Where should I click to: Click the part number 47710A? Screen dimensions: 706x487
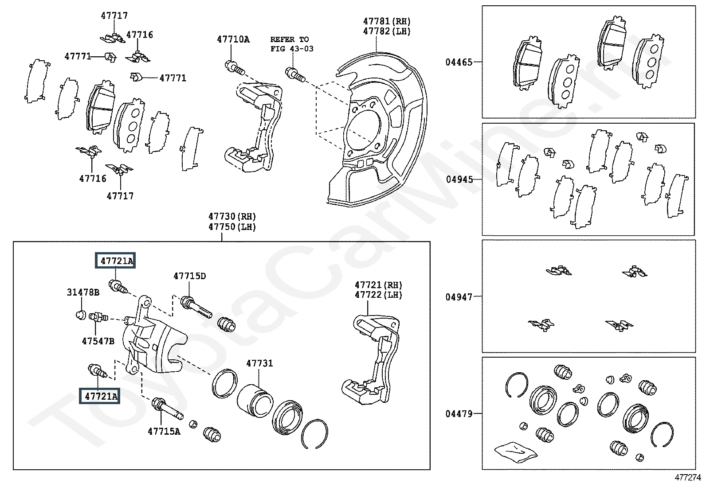pyautogui.click(x=233, y=39)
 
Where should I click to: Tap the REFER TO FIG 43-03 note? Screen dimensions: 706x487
pyautogui.click(x=292, y=44)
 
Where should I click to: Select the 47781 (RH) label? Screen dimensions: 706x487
pyautogui.click(x=387, y=21)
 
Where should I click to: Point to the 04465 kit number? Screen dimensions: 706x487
pyautogui.click(x=459, y=62)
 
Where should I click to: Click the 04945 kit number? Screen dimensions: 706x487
pyautogui.click(x=459, y=179)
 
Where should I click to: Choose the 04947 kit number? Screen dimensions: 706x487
pyautogui.click(x=459, y=297)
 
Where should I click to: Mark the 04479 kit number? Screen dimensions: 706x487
pyautogui.click(x=459, y=413)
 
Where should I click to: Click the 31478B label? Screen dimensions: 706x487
pyautogui.click(x=83, y=292)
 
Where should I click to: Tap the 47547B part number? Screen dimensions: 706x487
pyautogui.click(x=98, y=341)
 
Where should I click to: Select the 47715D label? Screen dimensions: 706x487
pyautogui.click(x=189, y=276)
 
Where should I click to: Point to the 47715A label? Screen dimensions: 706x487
pyautogui.click(x=164, y=431)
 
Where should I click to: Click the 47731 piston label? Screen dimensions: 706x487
pyautogui.click(x=259, y=363)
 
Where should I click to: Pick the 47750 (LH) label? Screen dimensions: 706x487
pyautogui.click(x=232, y=227)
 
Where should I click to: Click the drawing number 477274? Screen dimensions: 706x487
pyautogui.click(x=688, y=478)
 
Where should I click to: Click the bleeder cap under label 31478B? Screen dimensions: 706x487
pyautogui.click(x=81, y=315)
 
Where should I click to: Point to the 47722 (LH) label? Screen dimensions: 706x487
pyautogui.click(x=378, y=295)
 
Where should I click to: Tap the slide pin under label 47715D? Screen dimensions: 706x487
pyautogui.click(x=196, y=307)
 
